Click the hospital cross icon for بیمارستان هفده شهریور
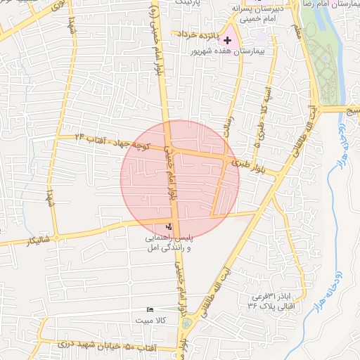227,40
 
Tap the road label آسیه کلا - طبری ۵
261,115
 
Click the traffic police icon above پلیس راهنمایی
169,226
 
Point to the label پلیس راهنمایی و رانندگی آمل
169,244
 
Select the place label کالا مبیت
151,319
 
